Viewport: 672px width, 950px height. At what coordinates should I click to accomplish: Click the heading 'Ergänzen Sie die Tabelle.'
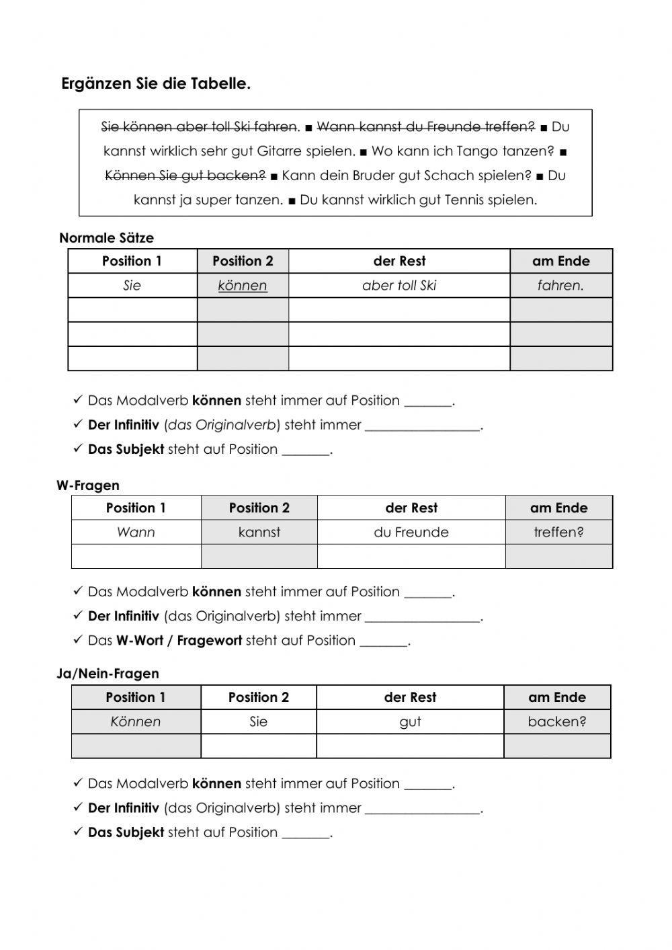156,84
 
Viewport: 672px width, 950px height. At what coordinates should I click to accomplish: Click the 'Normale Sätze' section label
106,238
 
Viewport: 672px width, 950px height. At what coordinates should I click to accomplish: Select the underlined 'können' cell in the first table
243,286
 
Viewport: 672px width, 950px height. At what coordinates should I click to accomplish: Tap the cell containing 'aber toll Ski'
399,286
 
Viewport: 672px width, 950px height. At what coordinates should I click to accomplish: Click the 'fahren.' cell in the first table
560,286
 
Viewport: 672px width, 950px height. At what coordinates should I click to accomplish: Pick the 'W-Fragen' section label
88,485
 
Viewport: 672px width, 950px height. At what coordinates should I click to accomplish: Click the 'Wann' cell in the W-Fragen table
136,532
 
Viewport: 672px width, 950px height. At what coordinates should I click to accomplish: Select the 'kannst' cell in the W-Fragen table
259,532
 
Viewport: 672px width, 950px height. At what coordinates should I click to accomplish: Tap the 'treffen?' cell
558,532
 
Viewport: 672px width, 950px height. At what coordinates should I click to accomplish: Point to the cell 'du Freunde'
411,532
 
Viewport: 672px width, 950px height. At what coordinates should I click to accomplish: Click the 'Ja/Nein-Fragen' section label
108,674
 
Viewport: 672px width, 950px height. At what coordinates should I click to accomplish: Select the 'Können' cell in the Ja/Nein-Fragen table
136,722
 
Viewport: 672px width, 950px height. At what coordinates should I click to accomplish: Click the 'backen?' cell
557,722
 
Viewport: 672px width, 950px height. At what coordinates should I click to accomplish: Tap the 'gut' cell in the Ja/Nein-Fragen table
410,722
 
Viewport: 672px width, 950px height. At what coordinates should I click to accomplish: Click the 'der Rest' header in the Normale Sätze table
399,261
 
